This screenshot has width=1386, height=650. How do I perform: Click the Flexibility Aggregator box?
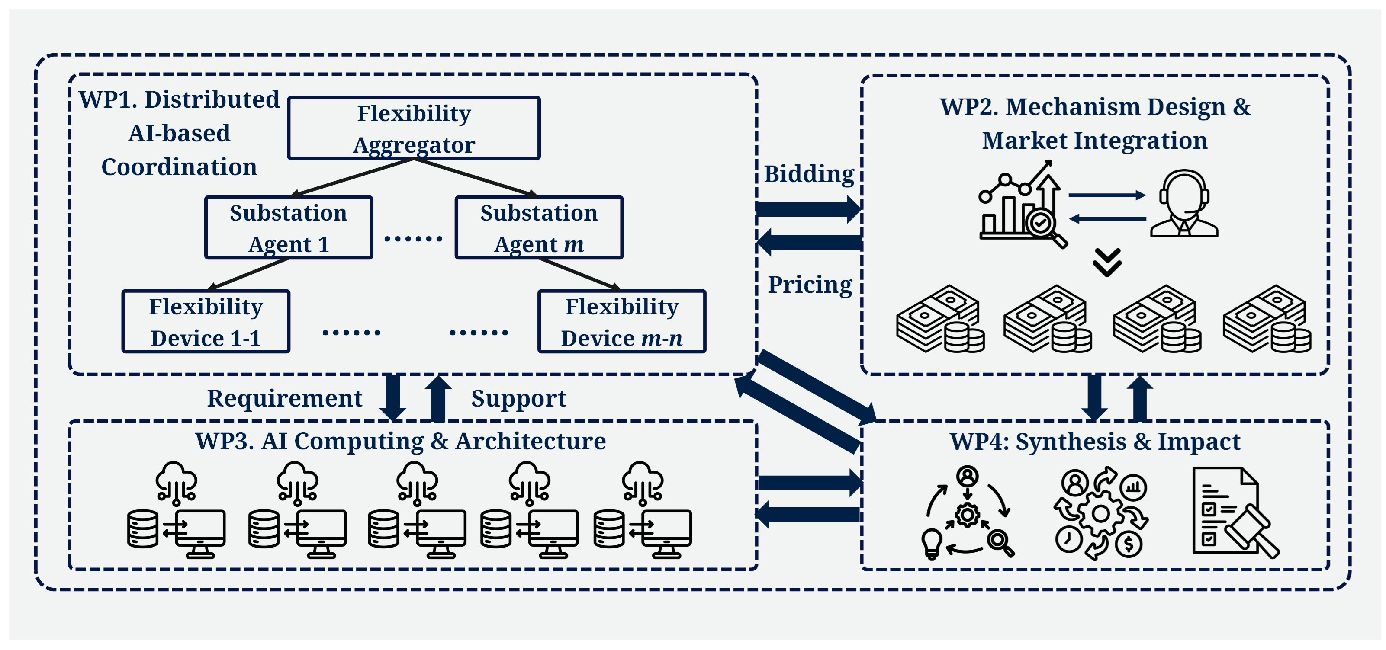pos(414,128)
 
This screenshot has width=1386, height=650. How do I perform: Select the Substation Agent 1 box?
pos(288,227)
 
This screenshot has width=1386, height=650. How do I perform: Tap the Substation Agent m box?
pos(539,227)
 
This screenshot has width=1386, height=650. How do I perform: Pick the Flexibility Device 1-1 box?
pos(206,321)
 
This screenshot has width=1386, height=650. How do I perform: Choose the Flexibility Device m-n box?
pos(621,321)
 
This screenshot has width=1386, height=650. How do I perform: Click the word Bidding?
pos(809,174)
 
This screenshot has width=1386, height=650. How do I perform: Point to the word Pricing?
pos(810,285)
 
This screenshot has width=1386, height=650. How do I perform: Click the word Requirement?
pos(285,398)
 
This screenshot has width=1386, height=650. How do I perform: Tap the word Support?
pos(519,398)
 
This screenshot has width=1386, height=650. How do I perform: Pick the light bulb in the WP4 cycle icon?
pos(932,543)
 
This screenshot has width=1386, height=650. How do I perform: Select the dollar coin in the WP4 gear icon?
pos(1129,544)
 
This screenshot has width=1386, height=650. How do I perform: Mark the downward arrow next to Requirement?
pos(393,398)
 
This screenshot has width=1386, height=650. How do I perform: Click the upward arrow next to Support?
pos(438,398)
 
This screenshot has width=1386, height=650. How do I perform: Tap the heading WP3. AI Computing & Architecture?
pos(400,442)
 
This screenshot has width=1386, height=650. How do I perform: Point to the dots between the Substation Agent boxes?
pos(413,238)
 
